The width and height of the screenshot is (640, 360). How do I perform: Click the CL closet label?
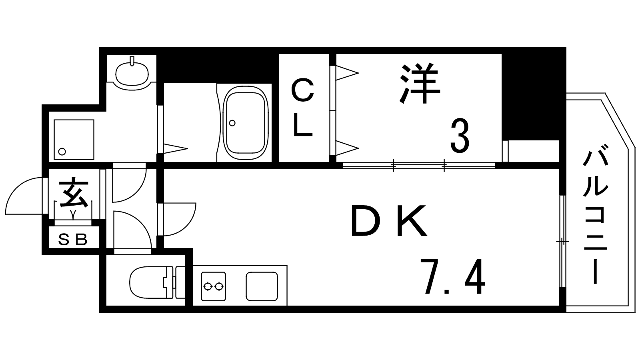point(303,108)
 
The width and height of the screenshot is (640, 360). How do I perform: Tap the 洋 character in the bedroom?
point(419,85)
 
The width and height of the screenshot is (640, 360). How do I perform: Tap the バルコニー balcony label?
point(596,218)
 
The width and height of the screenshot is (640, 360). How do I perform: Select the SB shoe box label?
point(73,240)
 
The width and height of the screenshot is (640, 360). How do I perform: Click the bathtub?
point(245,123)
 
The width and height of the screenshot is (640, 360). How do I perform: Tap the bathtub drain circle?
point(232,123)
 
